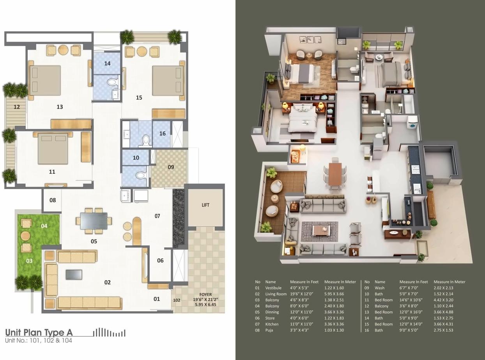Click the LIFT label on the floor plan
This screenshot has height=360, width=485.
(x=205, y=205)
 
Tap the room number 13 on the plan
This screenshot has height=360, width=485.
(x=60, y=107)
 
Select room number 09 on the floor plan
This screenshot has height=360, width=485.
(x=171, y=167)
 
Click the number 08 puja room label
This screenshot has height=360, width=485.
(x=53, y=200)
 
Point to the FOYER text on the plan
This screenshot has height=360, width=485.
(x=205, y=295)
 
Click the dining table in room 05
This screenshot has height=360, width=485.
(x=94, y=221)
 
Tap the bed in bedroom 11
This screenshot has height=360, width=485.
(x=53, y=148)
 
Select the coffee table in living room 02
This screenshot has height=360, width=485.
(x=74, y=274)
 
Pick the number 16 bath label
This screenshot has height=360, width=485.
(x=162, y=134)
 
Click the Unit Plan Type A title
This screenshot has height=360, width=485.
(x=39, y=332)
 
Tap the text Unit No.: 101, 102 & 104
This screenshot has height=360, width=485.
(x=39, y=341)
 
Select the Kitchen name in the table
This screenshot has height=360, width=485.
(x=272, y=324)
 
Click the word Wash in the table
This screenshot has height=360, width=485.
(x=379, y=288)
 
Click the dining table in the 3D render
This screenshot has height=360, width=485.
(x=335, y=174)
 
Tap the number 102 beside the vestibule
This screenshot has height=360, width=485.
(x=177, y=300)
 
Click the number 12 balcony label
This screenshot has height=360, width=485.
(x=16, y=107)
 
